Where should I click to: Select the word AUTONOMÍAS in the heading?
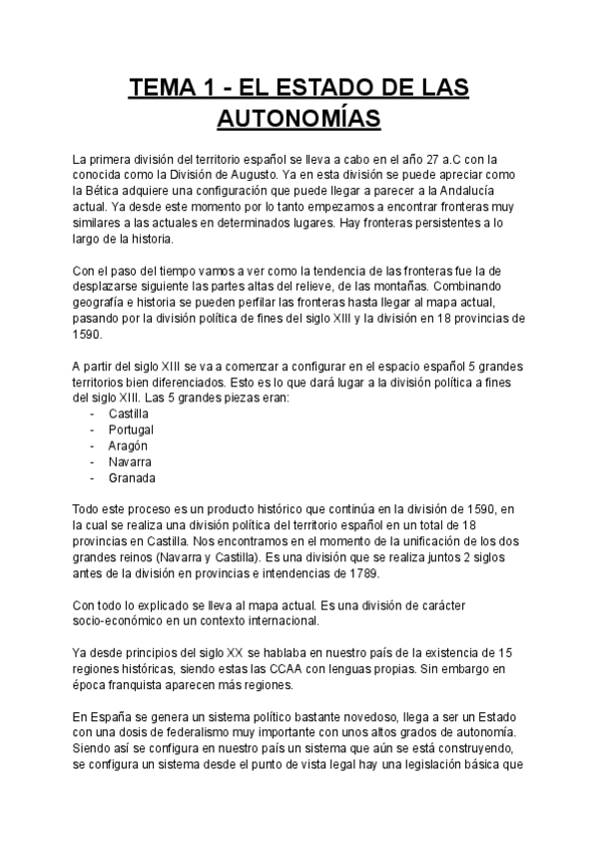tap(299, 121)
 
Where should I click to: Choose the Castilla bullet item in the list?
tap(128, 413)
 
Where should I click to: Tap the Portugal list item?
tap(130, 428)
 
